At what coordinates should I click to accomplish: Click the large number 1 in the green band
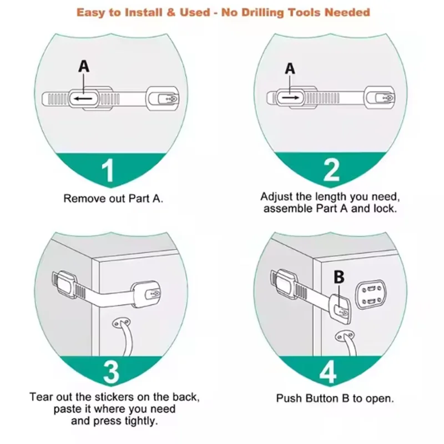click(x=109, y=171)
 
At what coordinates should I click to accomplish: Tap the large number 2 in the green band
click(x=331, y=170)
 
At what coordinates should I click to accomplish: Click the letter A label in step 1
click(x=83, y=67)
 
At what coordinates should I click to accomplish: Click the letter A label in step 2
click(x=290, y=68)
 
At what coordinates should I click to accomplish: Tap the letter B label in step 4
click(x=339, y=276)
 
